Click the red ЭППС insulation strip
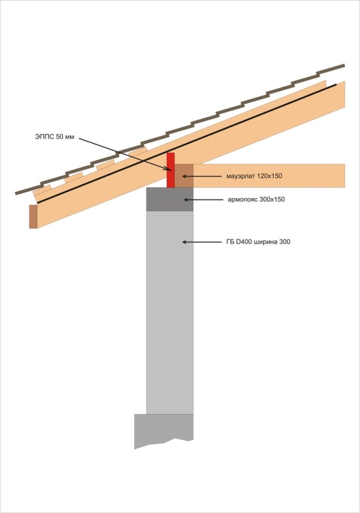170,170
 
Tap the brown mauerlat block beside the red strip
184,176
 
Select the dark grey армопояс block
169,199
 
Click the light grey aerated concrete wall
169,312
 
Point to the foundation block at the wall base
163,430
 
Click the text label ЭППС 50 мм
55,137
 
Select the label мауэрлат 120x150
254,176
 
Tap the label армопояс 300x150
256,199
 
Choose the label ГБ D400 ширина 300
258,242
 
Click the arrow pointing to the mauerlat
202,176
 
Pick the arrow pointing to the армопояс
204,199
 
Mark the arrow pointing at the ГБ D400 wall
202,242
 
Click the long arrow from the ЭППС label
125,154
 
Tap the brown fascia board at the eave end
33,216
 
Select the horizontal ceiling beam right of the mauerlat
269,176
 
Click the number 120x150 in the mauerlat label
270,176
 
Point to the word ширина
264,242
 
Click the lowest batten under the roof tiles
42,190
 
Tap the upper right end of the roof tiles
344,65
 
